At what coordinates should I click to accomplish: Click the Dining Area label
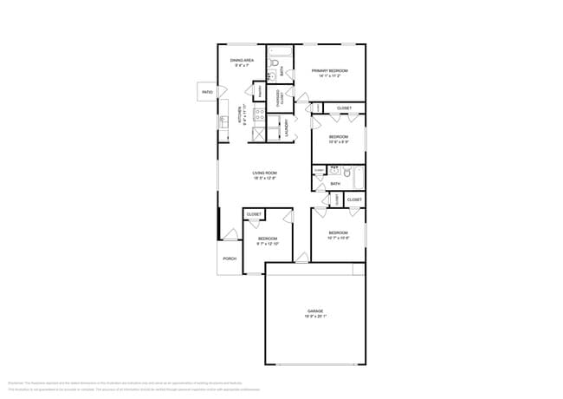241,61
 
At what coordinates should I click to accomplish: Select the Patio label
207,92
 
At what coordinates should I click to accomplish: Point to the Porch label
230,258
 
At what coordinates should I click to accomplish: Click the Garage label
314,310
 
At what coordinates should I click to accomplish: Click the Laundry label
286,130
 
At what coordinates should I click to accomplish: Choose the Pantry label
259,91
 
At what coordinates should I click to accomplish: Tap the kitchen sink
223,121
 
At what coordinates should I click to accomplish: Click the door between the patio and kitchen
221,92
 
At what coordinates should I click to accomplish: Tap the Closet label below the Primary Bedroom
344,108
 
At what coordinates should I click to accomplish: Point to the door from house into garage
301,258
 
